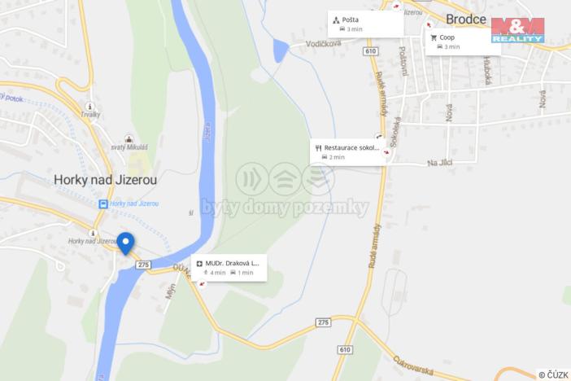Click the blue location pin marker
(x=125, y=243)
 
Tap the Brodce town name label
(x=466, y=19)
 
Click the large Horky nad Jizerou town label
(x=106, y=178)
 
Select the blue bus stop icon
(x=103, y=204)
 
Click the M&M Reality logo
(x=517, y=29)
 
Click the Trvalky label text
(x=89, y=115)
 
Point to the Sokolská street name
(x=395, y=130)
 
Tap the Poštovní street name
(x=403, y=61)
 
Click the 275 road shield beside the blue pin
(x=144, y=265)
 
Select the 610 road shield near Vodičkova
(x=371, y=51)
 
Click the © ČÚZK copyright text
(x=553, y=374)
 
